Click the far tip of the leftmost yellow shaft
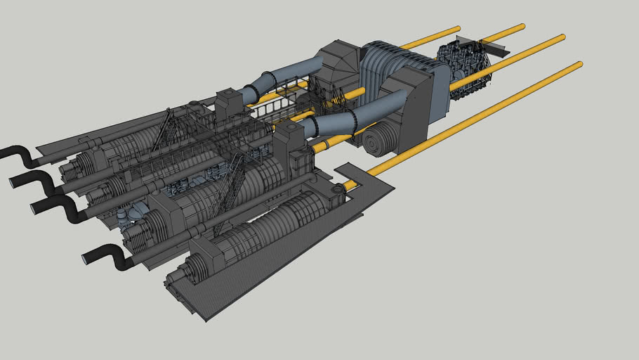click(456, 30)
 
